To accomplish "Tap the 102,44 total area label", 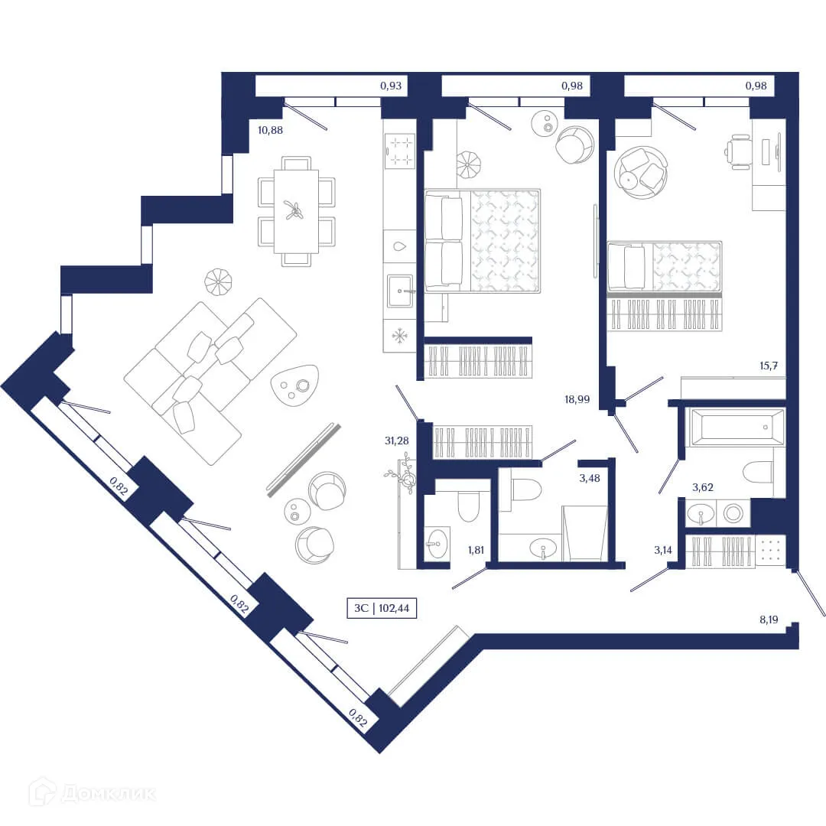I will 382,609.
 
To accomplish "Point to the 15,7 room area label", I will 769,366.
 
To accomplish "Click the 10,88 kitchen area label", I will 270,130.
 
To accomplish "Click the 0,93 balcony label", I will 391,86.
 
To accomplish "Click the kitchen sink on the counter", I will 399,291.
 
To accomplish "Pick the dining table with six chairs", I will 296,211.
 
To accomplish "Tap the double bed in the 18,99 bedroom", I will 483,241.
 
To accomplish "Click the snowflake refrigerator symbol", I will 398,335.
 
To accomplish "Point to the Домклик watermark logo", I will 92,792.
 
